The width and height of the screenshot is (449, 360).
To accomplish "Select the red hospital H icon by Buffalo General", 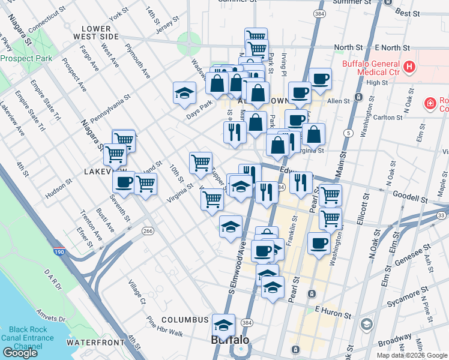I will click(410, 67).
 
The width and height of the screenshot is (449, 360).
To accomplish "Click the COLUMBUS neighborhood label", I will click(184, 320).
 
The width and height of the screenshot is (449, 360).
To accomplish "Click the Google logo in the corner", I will click(20, 353).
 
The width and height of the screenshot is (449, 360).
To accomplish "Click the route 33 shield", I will click(442, 215).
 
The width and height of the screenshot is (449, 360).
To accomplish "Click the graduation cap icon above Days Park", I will click(184, 92).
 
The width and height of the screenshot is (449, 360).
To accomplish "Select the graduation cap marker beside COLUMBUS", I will click(223, 325).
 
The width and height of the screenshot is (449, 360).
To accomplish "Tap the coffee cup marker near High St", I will click(319, 79).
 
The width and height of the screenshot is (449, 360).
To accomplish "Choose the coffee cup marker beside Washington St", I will click(319, 244).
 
